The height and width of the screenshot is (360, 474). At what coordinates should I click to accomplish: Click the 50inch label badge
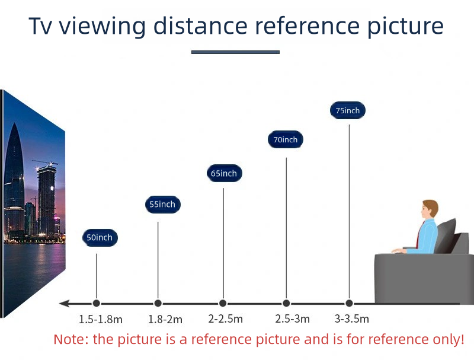100,237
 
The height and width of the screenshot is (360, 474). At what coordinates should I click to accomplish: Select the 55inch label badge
162,205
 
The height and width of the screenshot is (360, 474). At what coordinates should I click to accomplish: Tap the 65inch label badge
224,173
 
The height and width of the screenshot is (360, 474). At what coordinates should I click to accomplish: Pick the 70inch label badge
286,139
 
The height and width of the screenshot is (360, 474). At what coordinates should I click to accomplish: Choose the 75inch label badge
348,110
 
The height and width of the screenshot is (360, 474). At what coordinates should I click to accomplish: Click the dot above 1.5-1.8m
97,303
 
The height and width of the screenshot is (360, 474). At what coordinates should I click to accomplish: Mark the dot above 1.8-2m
158,303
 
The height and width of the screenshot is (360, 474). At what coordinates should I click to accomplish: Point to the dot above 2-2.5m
223,303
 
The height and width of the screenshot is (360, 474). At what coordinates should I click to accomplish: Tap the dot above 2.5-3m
286,303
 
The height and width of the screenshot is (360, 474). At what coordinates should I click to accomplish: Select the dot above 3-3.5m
349,303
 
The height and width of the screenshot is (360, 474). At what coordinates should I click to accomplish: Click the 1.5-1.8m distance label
100,319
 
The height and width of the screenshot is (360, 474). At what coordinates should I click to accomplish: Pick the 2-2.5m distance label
226,319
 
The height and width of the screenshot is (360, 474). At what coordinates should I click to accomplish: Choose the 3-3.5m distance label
351,319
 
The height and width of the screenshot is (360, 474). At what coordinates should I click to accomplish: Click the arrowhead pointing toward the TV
65,303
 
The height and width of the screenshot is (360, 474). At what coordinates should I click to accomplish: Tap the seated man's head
430,209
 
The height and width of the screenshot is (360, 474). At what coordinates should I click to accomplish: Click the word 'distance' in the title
200,26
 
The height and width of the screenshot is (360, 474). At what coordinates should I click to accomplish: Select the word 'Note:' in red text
71,339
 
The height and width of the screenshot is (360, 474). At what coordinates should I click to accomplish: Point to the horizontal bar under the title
235,52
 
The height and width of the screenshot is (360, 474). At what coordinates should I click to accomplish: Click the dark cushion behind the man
446,235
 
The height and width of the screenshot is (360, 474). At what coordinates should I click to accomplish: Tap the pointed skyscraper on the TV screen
14,179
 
